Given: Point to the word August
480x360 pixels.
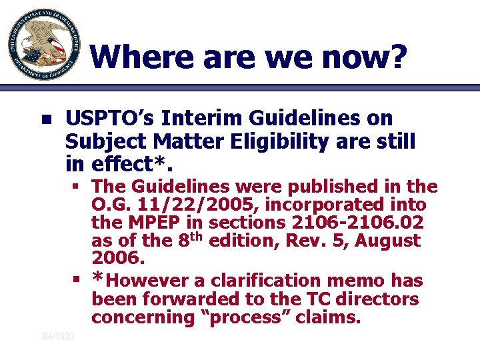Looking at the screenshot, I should tap(389, 240).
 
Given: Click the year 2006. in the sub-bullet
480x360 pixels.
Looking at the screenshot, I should tap(118, 257).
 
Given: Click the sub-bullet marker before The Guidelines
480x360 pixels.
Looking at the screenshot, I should tap(78, 185).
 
